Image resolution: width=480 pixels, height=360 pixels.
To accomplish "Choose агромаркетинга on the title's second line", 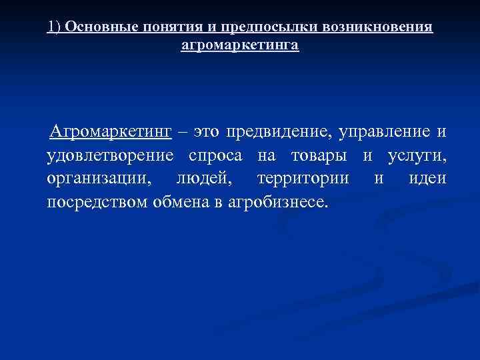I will point(240,46).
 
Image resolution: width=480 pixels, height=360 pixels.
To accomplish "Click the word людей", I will point(198,179).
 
